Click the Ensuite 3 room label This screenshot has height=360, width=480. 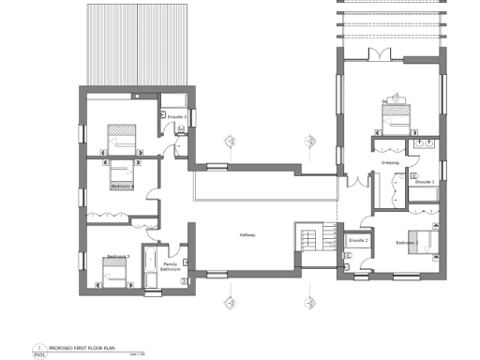pyautogui.click(x=174, y=117)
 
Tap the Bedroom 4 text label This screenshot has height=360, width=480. pyautogui.click(x=121, y=186)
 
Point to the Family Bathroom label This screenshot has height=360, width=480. pyautogui.click(x=170, y=266)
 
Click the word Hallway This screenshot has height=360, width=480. pyautogui.click(x=247, y=234)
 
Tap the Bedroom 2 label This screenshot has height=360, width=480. pyautogui.click(x=405, y=243)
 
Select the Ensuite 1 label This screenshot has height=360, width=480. pyautogui.click(x=424, y=181)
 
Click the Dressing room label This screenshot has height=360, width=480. pyautogui.click(x=390, y=162)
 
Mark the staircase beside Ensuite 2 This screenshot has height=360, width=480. pyautogui.click(x=309, y=236)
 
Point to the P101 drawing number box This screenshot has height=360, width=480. pyautogui.click(x=39, y=354)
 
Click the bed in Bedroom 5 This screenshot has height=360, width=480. pyautogui.click(x=114, y=273)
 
